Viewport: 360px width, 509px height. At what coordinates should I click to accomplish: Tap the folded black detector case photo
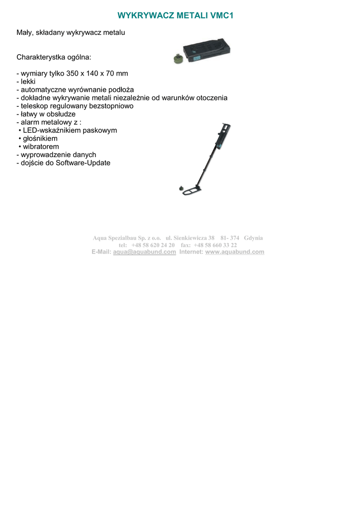point(206,50)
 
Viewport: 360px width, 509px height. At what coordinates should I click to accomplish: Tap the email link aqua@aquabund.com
point(145,252)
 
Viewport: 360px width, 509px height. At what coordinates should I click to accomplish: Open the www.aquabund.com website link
point(235,252)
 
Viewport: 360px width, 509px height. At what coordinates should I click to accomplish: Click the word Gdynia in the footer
point(254,238)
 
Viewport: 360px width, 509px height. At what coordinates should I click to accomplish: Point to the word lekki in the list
point(28,82)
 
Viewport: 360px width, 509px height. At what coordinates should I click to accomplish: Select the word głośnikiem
point(40,139)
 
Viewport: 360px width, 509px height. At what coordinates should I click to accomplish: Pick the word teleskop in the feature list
point(35,106)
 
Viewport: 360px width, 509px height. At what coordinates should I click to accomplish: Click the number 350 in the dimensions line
point(73,74)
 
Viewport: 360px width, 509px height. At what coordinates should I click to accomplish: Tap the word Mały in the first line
point(25,32)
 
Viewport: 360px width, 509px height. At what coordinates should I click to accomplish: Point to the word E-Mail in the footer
point(101,252)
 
